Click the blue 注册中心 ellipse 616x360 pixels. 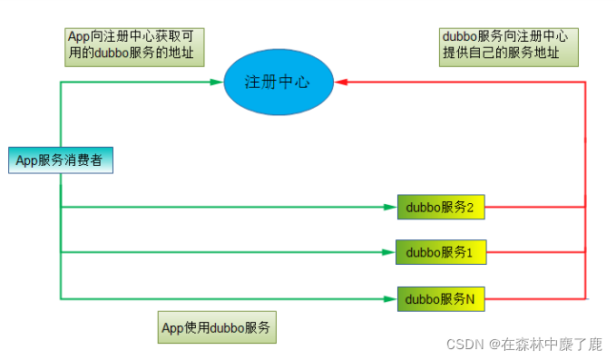point(277,81)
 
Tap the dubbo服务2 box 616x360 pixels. point(441,207)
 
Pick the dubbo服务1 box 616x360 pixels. point(440,251)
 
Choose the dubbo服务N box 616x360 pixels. point(441,297)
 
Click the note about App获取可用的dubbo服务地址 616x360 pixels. point(134,45)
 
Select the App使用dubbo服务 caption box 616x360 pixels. point(217,327)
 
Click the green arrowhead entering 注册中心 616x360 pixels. point(216,82)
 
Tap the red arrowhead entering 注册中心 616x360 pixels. point(340,82)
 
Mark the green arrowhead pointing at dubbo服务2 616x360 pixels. point(391,207)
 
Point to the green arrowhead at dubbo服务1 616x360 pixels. point(390,252)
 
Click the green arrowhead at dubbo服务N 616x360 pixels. point(391,297)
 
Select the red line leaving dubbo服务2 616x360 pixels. point(535,207)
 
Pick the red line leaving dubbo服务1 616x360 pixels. point(535,252)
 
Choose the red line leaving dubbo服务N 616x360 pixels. point(535,297)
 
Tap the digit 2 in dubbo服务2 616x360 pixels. point(472,207)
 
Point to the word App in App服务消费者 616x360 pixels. point(25,161)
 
